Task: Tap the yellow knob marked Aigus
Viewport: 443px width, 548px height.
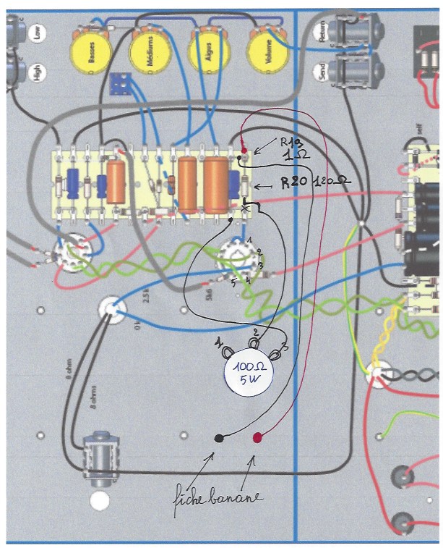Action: pyautogui.click(x=208, y=51)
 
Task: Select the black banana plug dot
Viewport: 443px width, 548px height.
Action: pyautogui.click(x=219, y=438)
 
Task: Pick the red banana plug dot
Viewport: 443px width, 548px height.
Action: pyautogui.click(x=258, y=437)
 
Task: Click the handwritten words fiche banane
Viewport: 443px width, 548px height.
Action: pyautogui.click(x=217, y=499)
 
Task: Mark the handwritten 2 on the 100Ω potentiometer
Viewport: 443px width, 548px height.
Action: pyautogui.click(x=254, y=332)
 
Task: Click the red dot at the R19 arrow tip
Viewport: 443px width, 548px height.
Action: pyautogui.click(x=244, y=151)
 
